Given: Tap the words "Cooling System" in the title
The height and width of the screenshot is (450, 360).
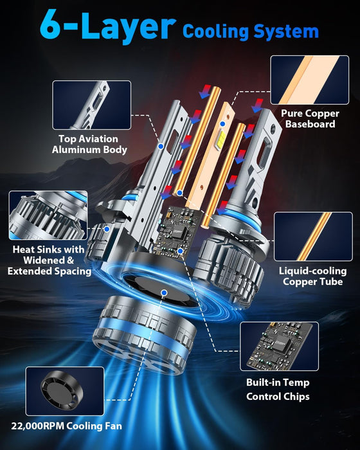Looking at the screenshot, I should click(x=251, y=30).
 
